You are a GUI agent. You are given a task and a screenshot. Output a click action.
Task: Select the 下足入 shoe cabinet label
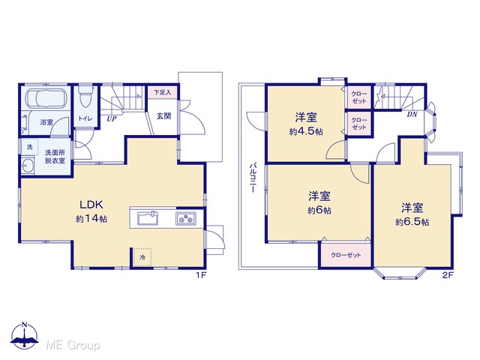pos(162,91)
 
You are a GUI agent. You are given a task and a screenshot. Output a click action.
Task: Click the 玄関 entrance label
pos(163,116)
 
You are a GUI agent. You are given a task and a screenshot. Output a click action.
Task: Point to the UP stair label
pos(112,118)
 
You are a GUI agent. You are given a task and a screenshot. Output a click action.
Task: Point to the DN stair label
pos(412,115)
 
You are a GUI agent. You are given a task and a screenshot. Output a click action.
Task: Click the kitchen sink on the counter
pos(148,218)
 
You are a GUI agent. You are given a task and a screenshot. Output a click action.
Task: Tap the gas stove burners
pos(186,218)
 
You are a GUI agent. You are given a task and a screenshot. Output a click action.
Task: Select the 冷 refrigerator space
pos(142,257)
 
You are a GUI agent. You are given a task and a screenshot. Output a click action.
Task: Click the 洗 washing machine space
pos(29,147)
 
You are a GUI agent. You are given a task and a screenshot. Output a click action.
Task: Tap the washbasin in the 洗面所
pos(28,165)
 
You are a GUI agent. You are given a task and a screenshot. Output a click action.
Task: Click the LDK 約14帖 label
pos(91,211)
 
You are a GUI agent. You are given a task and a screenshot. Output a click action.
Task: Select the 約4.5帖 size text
pos(306,132)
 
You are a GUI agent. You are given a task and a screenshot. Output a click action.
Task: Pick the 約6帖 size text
pos(319,211)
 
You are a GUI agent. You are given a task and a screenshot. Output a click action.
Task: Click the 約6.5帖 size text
pos(412,222)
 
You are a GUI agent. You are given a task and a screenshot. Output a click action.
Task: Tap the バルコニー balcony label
pos(253,178)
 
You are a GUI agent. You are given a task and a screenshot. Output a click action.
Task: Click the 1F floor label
pos(201,275)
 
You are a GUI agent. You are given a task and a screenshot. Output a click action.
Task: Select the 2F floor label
pos(448,275)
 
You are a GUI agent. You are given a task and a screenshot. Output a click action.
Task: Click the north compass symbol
pos(25,335)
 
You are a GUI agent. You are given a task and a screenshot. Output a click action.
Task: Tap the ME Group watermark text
pos(73,346)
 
